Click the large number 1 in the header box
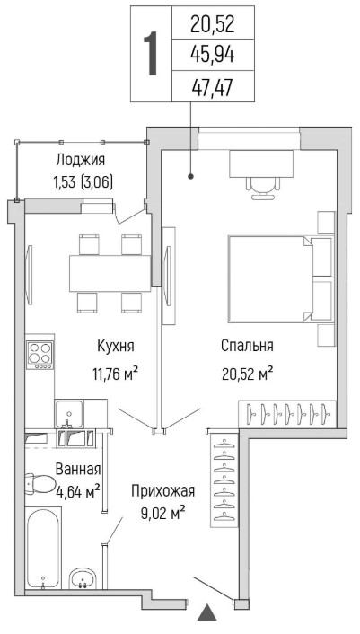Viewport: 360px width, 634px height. coord(152,54)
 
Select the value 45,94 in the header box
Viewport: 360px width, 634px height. coord(213,55)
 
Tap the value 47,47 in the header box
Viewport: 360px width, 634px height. coord(213,87)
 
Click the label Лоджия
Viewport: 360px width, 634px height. coord(81,160)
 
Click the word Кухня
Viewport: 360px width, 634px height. coord(116,347)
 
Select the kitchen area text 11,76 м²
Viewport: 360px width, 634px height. coord(116,374)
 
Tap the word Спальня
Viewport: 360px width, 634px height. coord(247,346)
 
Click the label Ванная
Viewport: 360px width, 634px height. coord(77,470)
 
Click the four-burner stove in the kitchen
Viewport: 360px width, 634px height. coord(40,355)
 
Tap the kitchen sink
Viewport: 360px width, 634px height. coord(69,414)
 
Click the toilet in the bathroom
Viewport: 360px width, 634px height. coord(40,484)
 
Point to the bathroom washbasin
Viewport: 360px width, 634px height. coord(83,578)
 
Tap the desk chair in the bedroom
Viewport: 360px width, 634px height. coord(263,188)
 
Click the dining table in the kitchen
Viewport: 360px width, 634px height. coord(110,273)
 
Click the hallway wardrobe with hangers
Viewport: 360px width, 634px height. coord(224,480)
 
